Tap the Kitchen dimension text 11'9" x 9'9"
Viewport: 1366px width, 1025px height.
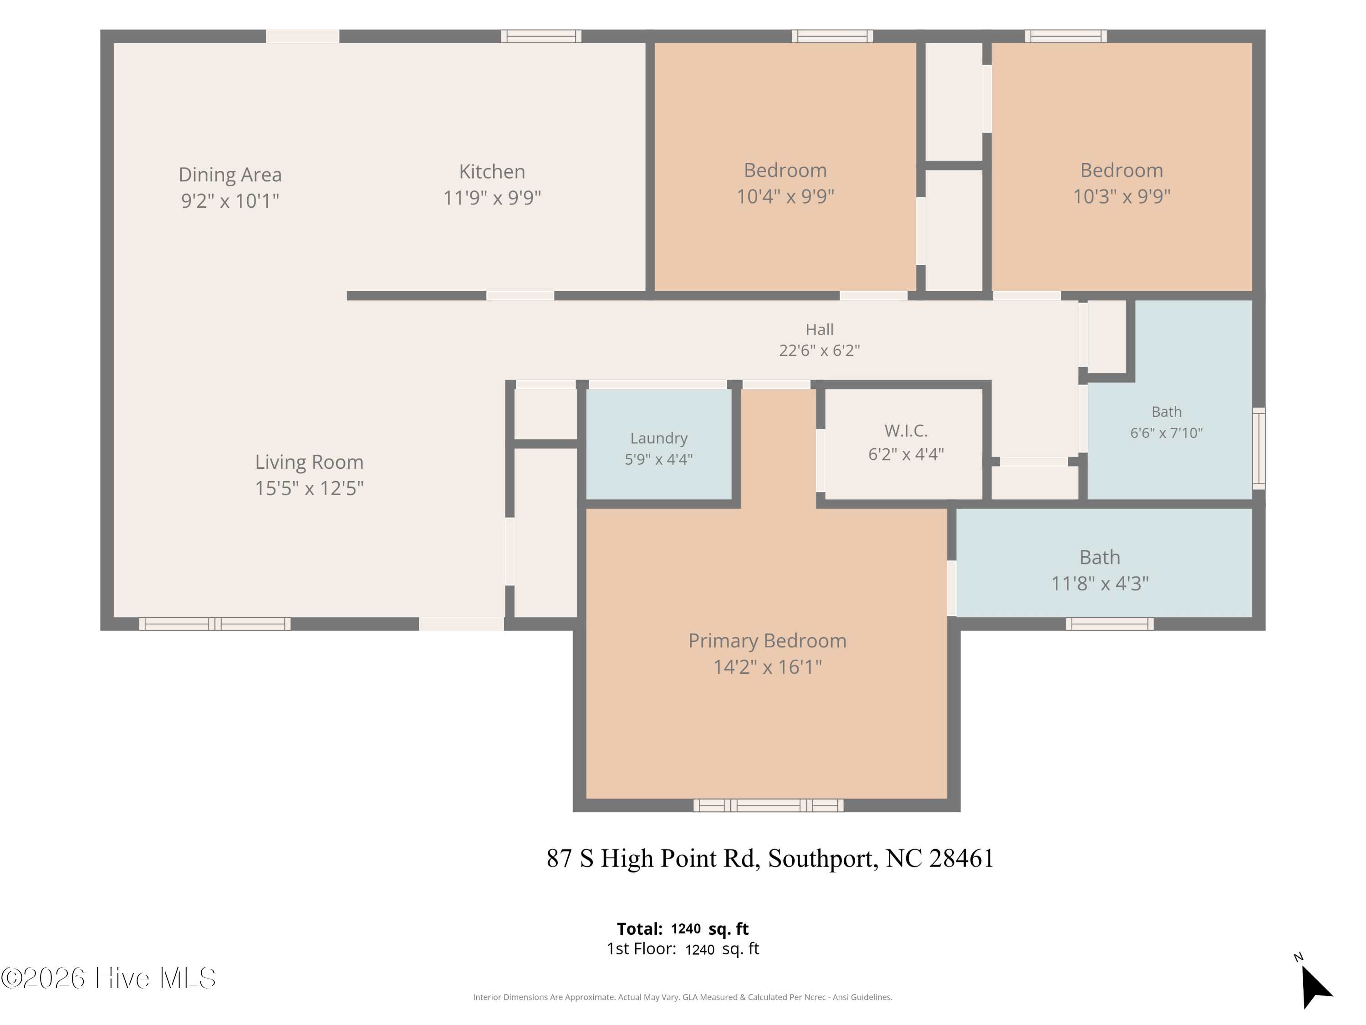[x=492, y=198]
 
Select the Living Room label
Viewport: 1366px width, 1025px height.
[x=309, y=462]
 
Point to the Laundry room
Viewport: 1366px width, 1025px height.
[x=659, y=444]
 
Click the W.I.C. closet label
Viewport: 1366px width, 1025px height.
[x=906, y=430]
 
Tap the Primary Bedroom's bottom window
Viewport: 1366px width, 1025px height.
[x=768, y=805]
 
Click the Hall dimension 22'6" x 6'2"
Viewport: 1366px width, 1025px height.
[x=820, y=350]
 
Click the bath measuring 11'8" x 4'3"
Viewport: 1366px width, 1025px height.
[x=1104, y=562]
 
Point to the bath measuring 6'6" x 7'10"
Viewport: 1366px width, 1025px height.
[x=1169, y=426]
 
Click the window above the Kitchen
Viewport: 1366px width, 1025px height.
[x=541, y=36]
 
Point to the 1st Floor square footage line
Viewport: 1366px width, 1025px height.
[x=683, y=949]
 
